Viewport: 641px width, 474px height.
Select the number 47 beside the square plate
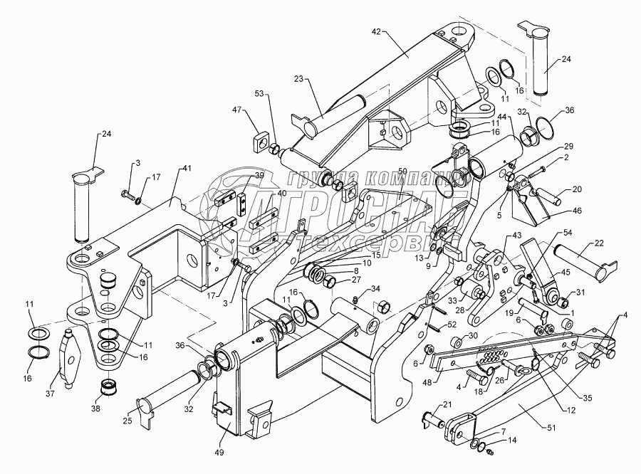pos(238,110)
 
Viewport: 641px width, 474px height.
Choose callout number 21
pos(447,405)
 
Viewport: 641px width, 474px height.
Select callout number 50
pos(402,172)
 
